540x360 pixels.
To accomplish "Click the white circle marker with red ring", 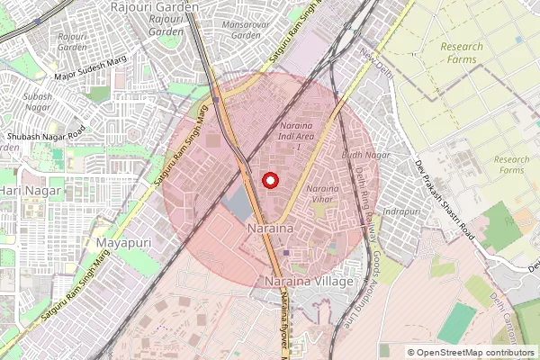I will [270, 180].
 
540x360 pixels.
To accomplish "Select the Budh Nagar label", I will [365, 155].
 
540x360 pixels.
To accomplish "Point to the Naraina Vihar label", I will [322, 193].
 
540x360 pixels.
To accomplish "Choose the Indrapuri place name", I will [401, 211].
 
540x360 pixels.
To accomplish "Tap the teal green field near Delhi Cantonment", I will [457, 323].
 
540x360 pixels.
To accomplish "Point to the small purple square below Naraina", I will [286, 253].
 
